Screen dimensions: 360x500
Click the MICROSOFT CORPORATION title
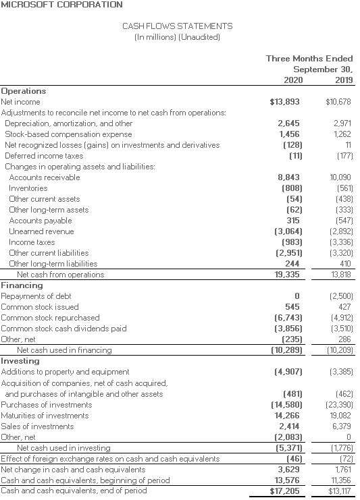click(61, 5)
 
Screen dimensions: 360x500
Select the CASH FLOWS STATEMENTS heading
click(177, 26)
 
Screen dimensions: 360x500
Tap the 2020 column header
click(292, 80)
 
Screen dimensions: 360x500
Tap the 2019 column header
click(343, 80)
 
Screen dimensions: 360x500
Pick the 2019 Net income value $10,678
click(338, 102)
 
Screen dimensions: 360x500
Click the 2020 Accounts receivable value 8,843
click(289, 177)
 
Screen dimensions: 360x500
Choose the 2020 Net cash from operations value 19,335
click(288, 275)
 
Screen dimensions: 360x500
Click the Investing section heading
click(20, 361)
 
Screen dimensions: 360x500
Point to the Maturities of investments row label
click(45, 415)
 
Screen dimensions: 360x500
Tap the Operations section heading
click(24, 91)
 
